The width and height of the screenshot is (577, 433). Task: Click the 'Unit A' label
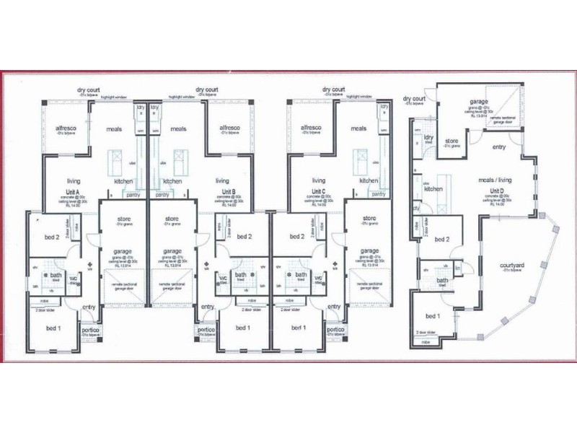tap(71, 192)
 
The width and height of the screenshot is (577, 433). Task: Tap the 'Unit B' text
tap(229, 192)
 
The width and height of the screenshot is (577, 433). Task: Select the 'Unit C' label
tap(317, 192)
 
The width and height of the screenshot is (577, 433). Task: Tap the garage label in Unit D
tap(480, 102)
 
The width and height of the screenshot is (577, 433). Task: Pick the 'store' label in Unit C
tap(369, 219)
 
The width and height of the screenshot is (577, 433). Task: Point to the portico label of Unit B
tap(206, 330)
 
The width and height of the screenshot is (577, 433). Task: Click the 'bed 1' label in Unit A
tap(54, 328)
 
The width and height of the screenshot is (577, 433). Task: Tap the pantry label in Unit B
tap(162, 195)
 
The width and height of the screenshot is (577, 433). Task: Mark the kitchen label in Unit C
tap(369, 181)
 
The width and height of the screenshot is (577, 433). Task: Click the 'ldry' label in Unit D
tap(428, 137)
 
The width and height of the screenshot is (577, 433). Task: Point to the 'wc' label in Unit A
tap(73, 277)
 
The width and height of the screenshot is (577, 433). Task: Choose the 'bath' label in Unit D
tap(442, 281)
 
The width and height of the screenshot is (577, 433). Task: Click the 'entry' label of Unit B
tap(208, 307)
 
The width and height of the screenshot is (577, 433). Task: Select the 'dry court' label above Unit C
tap(333, 89)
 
